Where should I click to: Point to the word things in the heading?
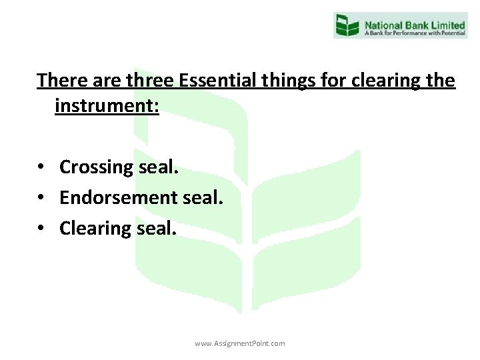[297, 81]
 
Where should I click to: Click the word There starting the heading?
[61, 81]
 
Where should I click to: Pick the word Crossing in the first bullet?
[97, 167]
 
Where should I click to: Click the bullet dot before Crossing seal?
[41, 167]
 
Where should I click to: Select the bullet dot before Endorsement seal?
[41, 198]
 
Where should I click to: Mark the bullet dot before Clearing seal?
[41, 228]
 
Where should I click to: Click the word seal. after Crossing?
[159, 167]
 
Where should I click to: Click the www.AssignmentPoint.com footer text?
[240, 343]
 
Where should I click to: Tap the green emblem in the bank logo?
[347, 25]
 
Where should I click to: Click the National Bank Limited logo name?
[413, 21]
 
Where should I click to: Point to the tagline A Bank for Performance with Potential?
[413, 31]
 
